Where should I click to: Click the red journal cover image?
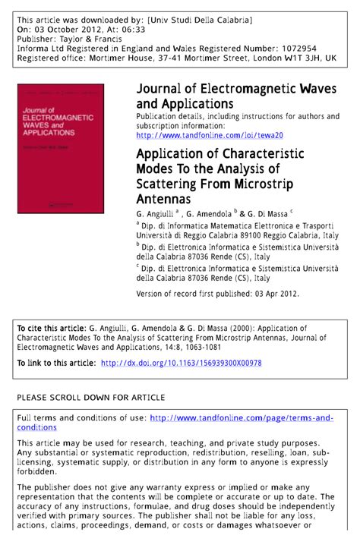(61, 149)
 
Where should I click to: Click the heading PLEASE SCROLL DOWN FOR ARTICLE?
(90, 397)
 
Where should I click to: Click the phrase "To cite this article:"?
(48, 328)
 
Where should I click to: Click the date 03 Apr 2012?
(273, 294)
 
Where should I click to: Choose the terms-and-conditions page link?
(242, 417)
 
